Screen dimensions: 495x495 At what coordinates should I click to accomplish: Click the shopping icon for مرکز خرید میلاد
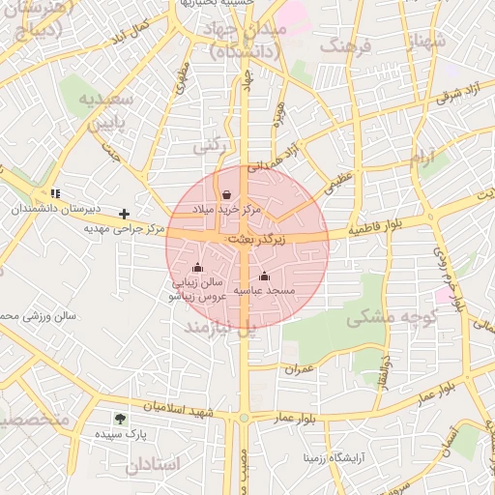tap(226, 194)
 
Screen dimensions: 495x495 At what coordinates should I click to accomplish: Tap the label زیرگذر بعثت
tap(256, 238)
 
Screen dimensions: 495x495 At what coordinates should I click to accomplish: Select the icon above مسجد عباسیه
tap(264, 277)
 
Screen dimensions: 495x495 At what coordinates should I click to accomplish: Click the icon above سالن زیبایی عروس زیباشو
tap(198, 268)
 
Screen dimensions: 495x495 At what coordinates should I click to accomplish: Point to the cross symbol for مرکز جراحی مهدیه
tap(124, 213)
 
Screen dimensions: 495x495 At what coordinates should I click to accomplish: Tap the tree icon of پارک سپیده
tap(120, 419)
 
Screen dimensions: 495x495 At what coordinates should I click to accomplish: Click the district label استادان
tap(153, 464)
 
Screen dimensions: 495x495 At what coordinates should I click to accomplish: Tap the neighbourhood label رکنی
tap(212, 147)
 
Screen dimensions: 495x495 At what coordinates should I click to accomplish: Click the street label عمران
tap(301, 368)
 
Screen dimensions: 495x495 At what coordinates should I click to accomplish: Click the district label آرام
tap(423, 161)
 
